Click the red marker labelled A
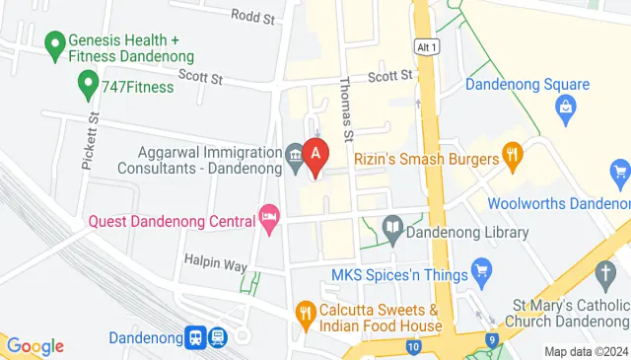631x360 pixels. tap(315, 155)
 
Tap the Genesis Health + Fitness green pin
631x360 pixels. tap(55, 44)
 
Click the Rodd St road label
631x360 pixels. tap(250, 15)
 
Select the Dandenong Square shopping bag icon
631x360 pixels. tap(566, 106)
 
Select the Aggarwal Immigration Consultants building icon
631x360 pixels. tap(295, 156)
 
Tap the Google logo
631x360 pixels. tap(35, 346)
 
